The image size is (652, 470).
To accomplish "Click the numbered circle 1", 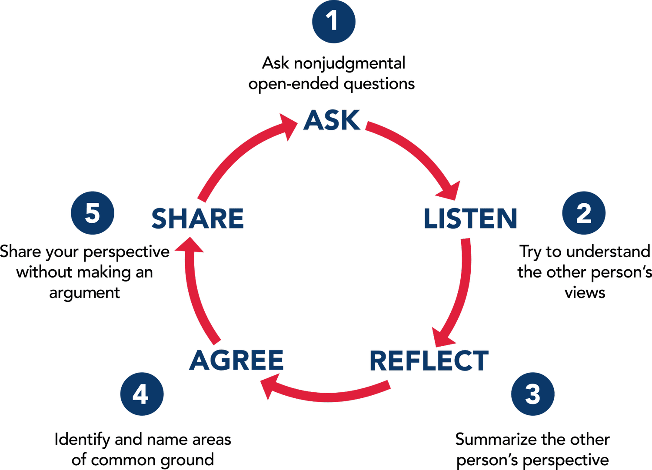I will click(x=334, y=21).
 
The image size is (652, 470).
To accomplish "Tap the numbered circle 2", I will click(x=583, y=213).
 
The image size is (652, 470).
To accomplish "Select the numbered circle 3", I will click(x=532, y=394).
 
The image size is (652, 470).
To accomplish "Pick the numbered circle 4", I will click(x=141, y=394).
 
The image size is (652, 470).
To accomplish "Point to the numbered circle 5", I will click(x=92, y=213).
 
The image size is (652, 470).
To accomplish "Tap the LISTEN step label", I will click(x=471, y=218).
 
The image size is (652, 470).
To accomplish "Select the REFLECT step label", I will click(x=429, y=360).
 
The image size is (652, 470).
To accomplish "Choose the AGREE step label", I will click(x=237, y=360).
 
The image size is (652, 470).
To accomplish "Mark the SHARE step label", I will click(x=197, y=218).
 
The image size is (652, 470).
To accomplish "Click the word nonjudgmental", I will click(x=350, y=64).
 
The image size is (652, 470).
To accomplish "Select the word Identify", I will click(x=82, y=440).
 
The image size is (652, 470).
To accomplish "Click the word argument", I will click(x=84, y=293).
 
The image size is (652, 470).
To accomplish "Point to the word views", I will click(x=585, y=293).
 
